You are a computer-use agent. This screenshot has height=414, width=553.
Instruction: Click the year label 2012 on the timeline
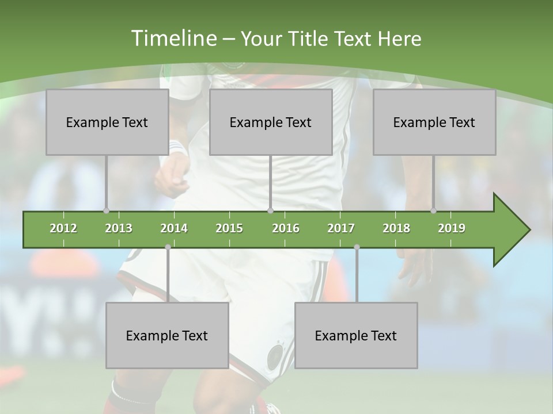[63, 228]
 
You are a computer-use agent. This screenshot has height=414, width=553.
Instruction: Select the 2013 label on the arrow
[119, 228]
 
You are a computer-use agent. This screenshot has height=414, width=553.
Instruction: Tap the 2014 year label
[174, 228]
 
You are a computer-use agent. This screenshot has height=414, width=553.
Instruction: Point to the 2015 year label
[229, 228]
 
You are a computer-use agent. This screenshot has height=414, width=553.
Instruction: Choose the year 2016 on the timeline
[286, 228]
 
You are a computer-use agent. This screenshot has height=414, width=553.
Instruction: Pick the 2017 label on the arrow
[341, 228]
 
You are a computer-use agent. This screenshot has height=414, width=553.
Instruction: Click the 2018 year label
[396, 228]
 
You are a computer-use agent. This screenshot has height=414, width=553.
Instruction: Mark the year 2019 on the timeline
[452, 228]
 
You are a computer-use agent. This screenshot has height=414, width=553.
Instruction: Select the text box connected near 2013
[107, 122]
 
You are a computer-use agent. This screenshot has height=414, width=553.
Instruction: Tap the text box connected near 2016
[271, 122]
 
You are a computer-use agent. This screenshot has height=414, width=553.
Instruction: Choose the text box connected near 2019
[434, 122]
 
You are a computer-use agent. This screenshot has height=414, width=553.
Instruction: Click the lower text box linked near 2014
[167, 335]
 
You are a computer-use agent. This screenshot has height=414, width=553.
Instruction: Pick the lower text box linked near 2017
[356, 335]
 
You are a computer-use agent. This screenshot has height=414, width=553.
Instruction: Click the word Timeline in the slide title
[172, 39]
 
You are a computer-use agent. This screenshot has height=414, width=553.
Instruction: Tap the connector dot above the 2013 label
[107, 211]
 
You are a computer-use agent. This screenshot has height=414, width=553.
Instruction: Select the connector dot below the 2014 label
[168, 247]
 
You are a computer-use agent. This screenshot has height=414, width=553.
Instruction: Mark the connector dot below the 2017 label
[357, 247]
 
